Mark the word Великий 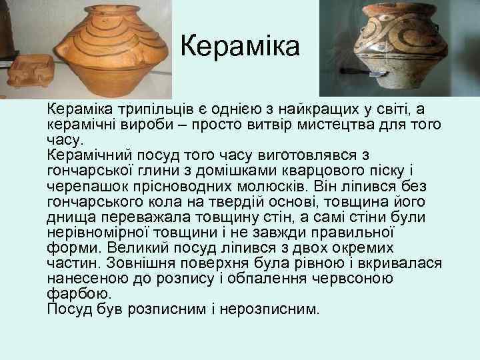136,247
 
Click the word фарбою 79,293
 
